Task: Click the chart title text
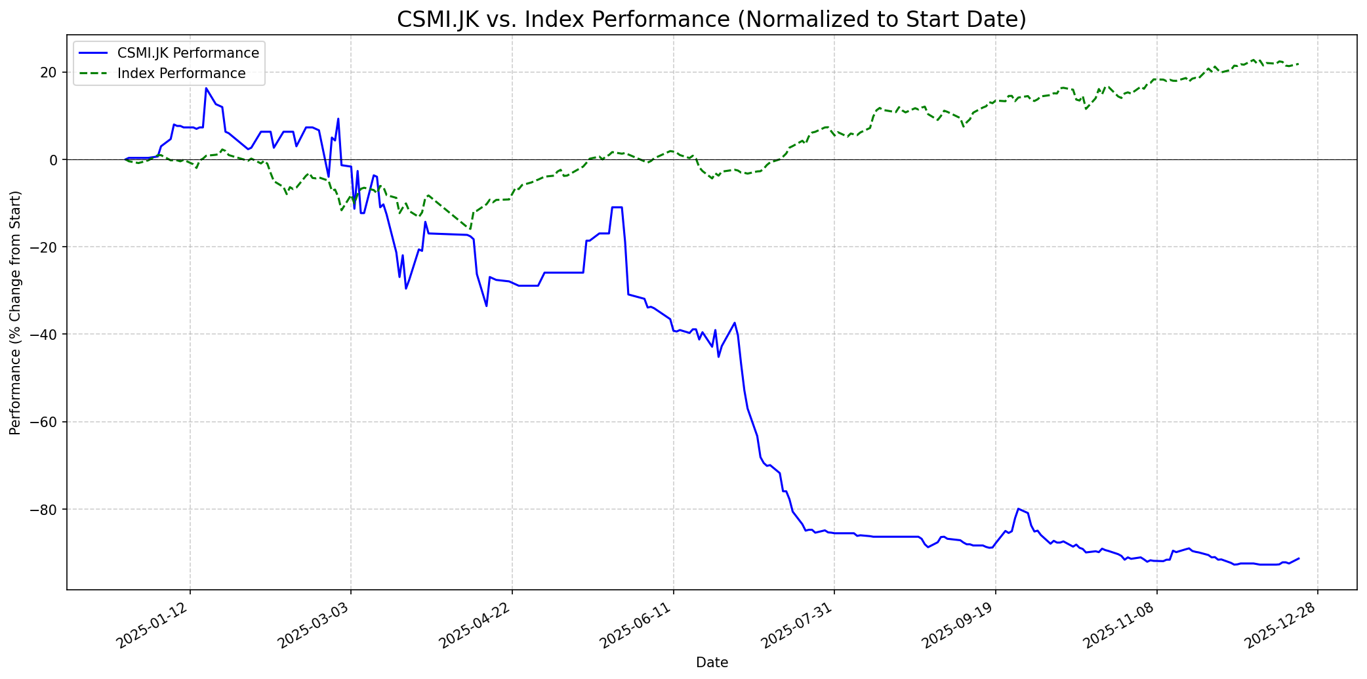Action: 711,20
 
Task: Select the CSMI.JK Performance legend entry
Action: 188,53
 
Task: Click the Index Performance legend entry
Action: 181,73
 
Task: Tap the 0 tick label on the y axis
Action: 54,159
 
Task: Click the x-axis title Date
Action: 712,663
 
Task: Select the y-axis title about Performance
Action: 16,312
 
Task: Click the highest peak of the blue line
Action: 206,88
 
